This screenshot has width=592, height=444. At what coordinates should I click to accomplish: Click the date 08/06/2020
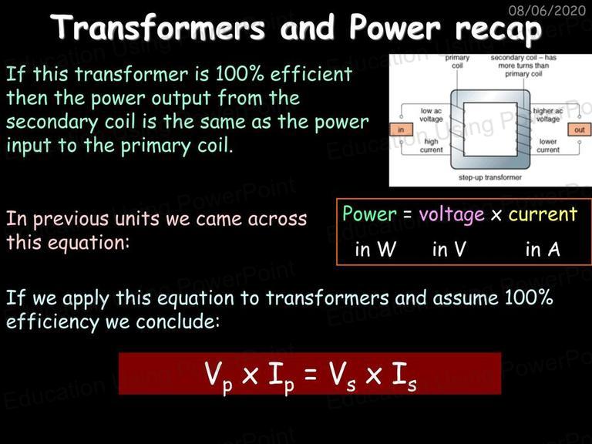[x=547, y=10]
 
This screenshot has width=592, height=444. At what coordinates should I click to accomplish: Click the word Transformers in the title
[x=158, y=27]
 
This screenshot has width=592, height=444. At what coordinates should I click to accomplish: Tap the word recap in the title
[x=499, y=30]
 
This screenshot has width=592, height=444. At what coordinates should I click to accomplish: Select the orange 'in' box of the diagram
[x=401, y=129]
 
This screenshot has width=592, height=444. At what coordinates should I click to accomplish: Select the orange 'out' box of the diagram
[x=580, y=129]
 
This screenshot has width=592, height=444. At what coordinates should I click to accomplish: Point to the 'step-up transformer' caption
[x=490, y=177]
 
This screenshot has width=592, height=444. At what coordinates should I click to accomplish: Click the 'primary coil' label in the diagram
[x=457, y=62]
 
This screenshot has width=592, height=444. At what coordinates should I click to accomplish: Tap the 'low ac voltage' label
[x=431, y=115]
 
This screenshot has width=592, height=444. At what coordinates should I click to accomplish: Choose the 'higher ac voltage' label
[x=548, y=115]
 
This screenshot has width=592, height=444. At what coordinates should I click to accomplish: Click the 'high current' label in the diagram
[x=431, y=146]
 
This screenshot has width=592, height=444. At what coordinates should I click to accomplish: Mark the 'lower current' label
[x=548, y=146]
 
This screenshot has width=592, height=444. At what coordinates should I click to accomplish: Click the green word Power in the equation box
[x=370, y=214]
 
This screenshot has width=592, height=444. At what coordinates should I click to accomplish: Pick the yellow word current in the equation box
[x=543, y=214]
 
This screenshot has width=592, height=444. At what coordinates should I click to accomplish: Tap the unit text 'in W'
[x=375, y=249]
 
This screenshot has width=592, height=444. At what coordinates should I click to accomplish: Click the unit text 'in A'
[x=543, y=249]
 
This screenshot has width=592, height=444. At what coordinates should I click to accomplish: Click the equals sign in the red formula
[x=310, y=375]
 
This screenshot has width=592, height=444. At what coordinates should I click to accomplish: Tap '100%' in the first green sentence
[x=240, y=73]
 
